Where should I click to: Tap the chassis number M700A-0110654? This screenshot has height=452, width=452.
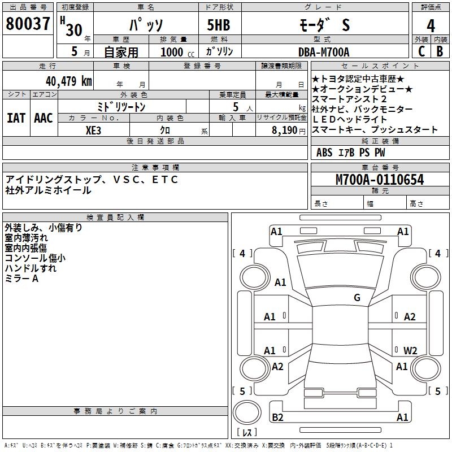pos(380,180)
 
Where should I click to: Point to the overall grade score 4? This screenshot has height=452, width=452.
pos(431,26)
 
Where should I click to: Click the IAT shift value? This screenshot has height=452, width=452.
pos(16,118)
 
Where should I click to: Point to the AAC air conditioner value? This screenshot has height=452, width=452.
pos(43,118)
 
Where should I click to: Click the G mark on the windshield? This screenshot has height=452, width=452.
pos(357,298)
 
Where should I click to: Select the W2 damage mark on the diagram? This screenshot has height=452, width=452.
pos(410,350)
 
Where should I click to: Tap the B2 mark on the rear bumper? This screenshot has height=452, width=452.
pos(277,418)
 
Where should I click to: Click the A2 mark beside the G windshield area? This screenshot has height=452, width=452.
pos(410,317)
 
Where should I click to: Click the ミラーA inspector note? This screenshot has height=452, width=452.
pos(21,279)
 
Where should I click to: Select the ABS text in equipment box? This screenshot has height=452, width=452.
pos(324,153)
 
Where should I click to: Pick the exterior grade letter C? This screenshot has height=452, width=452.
pos(421,51)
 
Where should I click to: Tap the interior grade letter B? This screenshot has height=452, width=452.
pos(440,51)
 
